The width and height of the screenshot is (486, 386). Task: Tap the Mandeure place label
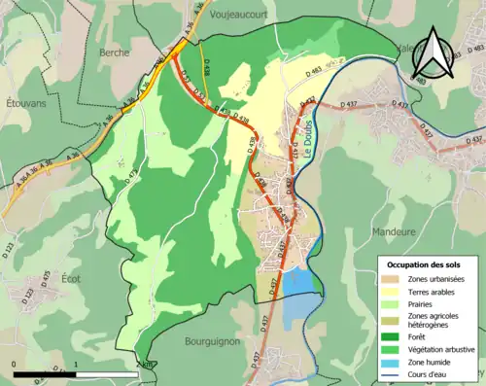coord(393,232)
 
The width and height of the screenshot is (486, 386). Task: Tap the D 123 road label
coord(10,252)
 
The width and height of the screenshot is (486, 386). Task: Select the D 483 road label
coord(315,72)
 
